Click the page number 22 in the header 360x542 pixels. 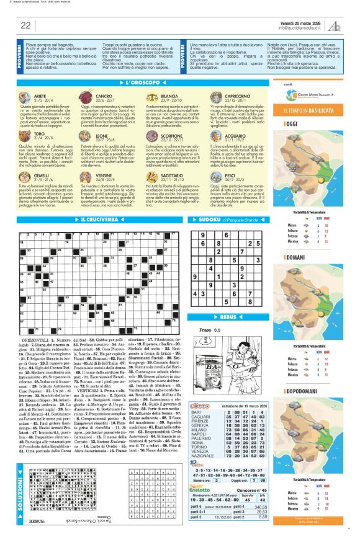tap(25, 25)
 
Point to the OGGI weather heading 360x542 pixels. tap(290, 123)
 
